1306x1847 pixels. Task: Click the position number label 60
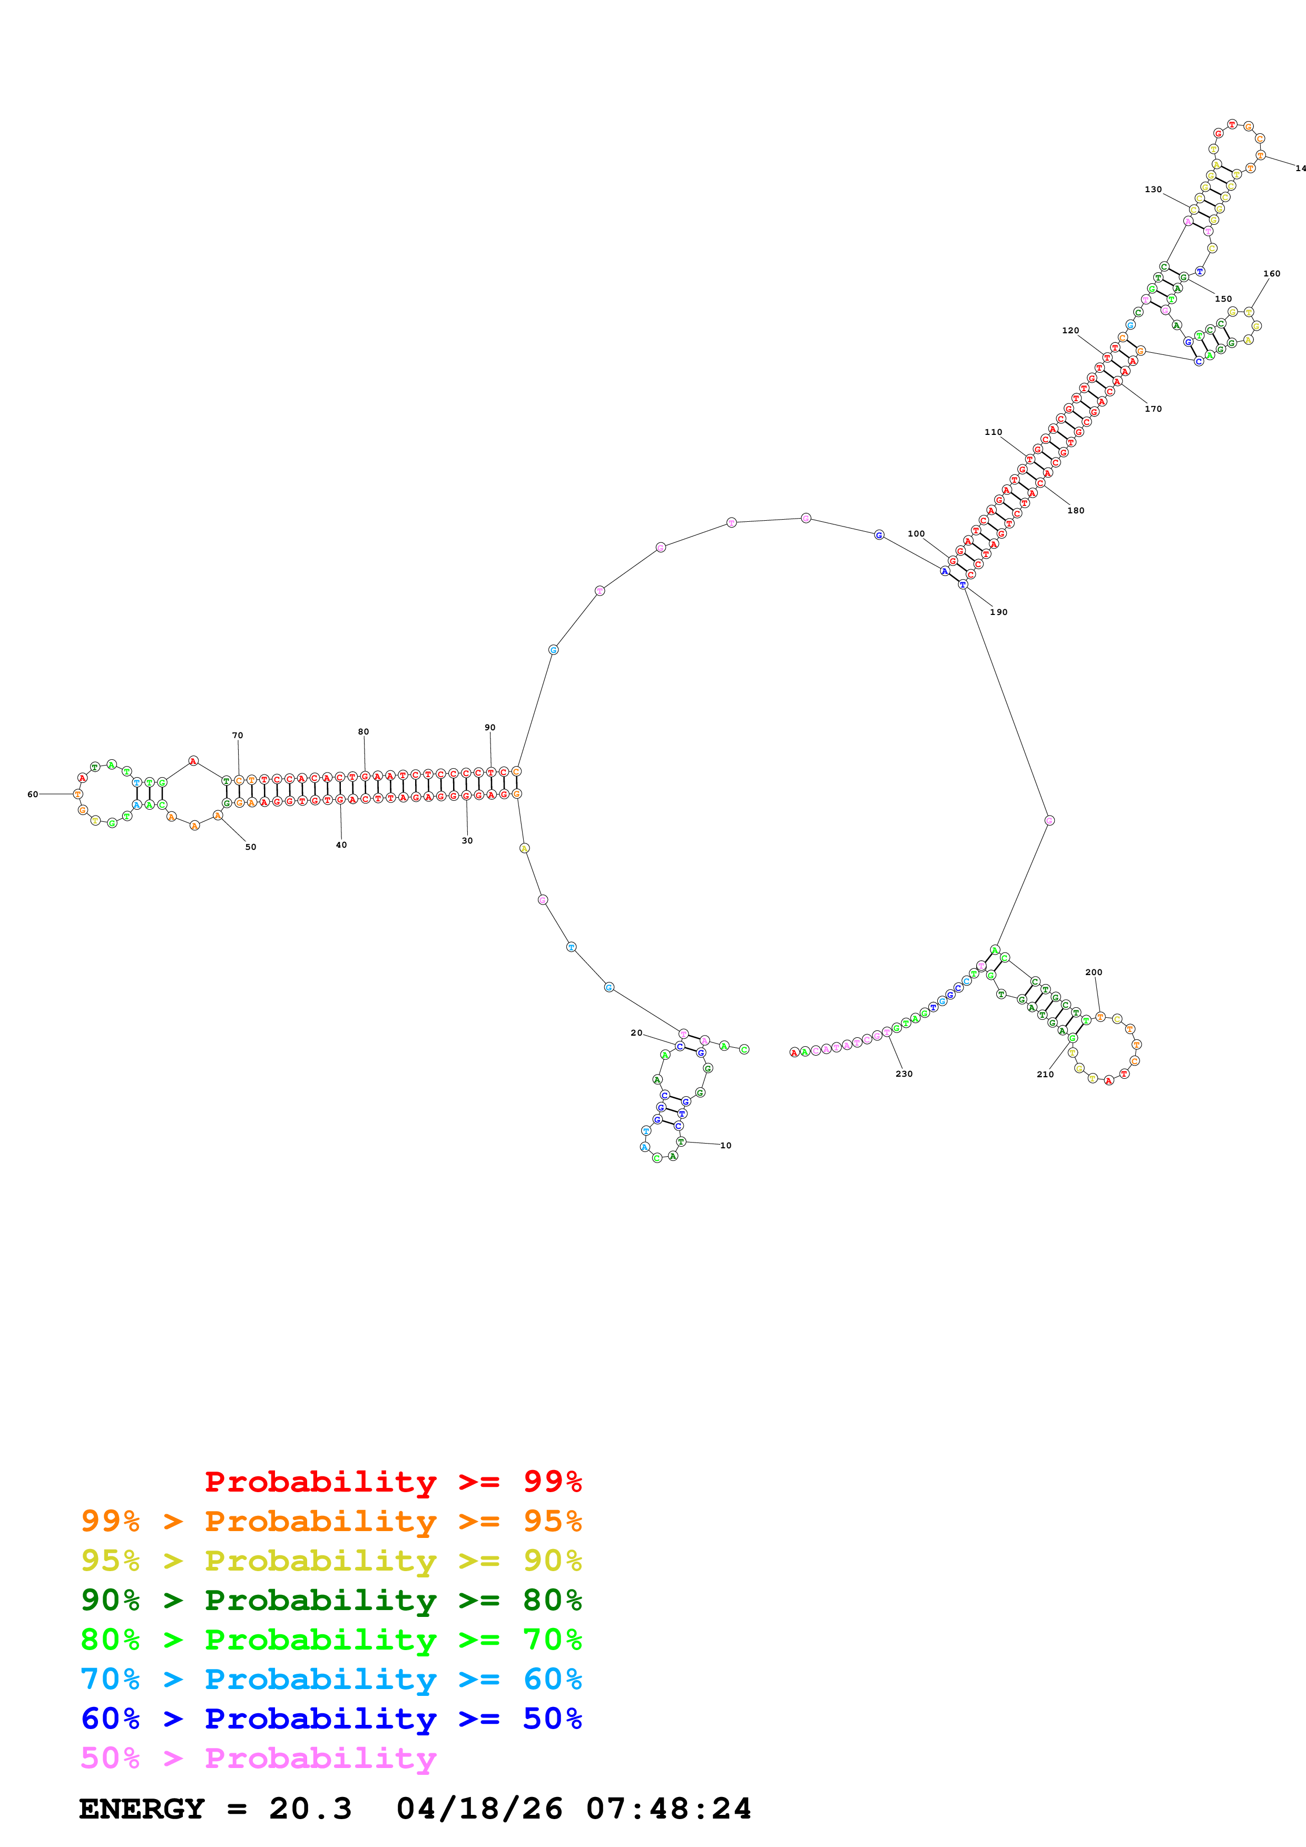coord(32,794)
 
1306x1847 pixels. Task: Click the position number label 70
coord(238,735)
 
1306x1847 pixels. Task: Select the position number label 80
coord(363,731)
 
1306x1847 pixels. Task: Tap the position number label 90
coord(490,727)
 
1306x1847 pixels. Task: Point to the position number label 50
coord(251,847)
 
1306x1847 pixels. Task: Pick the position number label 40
coord(341,845)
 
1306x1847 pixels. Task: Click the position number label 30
coord(467,841)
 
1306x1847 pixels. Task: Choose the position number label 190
coord(999,612)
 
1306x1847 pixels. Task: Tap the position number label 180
coord(1076,511)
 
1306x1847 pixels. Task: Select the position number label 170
coord(1153,409)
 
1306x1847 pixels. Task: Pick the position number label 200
coord(1094,972)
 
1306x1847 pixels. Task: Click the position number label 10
coord(726,1146)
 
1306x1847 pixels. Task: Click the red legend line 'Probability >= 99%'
coord(392,1482)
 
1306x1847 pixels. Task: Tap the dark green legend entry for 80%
coord(331,1600)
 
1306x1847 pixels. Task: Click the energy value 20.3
coord(311,1809)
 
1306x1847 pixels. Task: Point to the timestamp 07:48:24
coord(668,1809)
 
